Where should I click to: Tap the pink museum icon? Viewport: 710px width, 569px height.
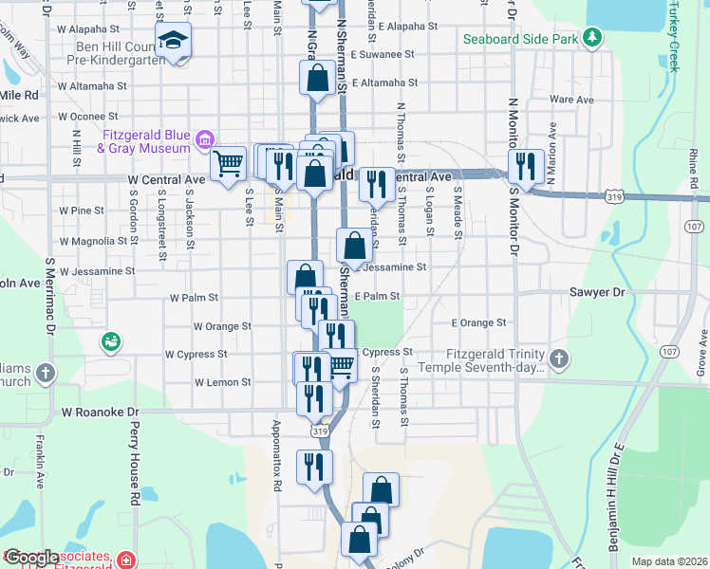coord(202,141)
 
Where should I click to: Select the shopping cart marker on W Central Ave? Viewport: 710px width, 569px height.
coord(228,163)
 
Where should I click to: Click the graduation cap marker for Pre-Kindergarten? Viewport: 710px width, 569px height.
coord(174,41)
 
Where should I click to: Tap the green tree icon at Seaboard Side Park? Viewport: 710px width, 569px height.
coord(592,38)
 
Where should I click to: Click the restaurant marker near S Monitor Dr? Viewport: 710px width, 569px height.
coord(525,166)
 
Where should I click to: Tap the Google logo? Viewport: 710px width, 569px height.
coord(32,558)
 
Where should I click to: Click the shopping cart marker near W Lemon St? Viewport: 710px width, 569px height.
coord(341,365)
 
